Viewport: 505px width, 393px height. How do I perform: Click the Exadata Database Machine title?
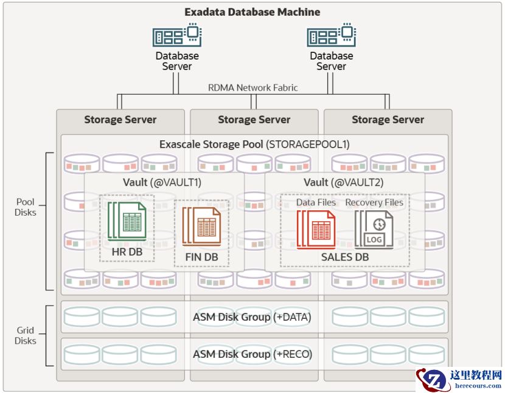click(252, 12)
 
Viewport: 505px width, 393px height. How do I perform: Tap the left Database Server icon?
click(177, 35)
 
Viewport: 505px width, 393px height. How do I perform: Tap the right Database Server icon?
click(331, 35)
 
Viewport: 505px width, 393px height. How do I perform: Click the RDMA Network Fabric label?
click(253, 87)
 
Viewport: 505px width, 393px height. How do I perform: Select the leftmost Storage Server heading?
click(120, 120)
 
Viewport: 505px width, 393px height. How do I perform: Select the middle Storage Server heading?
click(254, 120)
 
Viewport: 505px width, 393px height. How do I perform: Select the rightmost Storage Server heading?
click(388, 120)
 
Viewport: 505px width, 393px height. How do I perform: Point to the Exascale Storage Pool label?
click(254, 145)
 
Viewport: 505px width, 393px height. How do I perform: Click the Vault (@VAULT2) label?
click(344, 182)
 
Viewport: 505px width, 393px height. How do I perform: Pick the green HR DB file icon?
click(127, 222)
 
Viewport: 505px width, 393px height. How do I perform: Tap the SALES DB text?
click(345, 257)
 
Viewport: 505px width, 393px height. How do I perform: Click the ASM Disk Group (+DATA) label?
click(252, 316)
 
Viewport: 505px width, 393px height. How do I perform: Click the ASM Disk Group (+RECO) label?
click(252, 354)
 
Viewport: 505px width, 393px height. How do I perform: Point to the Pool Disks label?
click(26, 207)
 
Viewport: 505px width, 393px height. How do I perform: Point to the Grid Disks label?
click(26, 335)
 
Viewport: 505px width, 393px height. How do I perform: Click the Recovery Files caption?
click(374, 202)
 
